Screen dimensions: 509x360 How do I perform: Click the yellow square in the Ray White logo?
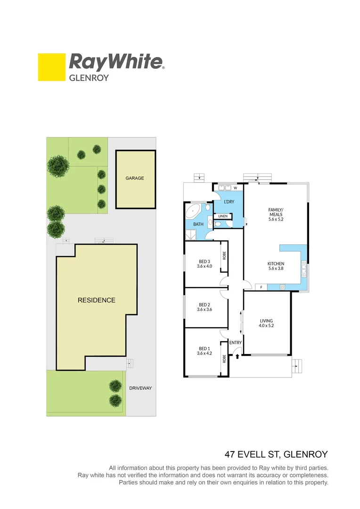click(x=51, y=67)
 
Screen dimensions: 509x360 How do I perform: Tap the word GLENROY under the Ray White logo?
click(x=89, y=78)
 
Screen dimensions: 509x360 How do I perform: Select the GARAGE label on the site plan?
click(x=135, y=179)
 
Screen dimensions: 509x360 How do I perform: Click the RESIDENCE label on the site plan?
click(x=96, y=300)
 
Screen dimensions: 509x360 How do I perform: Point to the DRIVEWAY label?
click(x=140, y=388)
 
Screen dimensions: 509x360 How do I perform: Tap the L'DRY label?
click(x=229, y=202)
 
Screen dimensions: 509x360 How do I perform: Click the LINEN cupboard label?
click(x=223, y=216)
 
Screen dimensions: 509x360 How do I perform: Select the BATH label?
click(x=198, y=224)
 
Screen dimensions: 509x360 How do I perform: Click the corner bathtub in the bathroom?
click(x=194, y=211)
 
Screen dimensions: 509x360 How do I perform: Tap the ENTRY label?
click(x=235, y=343)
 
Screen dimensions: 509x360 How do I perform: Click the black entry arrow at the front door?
click(x=237, y=357)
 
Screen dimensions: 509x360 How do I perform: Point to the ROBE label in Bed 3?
click(x=224, y=256)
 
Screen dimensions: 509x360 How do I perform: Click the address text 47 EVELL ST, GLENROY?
click(x=276, y=455)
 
